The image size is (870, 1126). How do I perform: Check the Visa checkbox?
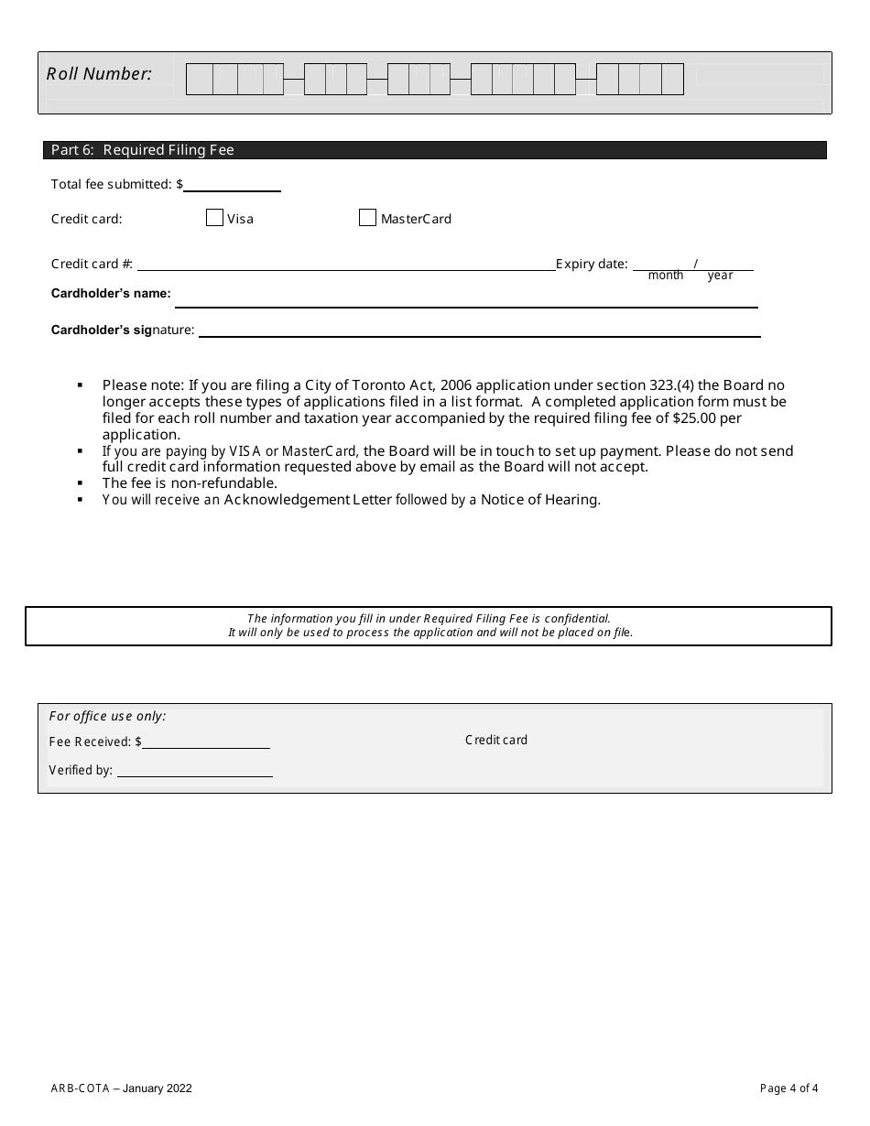(214, 218)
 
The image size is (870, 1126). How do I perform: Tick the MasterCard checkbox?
(367, 218)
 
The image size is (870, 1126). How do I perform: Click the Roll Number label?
(99, 74)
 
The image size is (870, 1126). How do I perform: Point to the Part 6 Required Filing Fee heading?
(143, 150)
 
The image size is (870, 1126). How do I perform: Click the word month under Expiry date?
(666, 276)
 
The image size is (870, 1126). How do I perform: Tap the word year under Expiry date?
(720, 276)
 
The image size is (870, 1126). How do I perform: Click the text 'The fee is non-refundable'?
(190, 483)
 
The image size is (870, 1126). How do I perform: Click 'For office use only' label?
(107, 716)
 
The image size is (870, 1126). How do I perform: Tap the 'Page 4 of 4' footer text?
(788, 1088)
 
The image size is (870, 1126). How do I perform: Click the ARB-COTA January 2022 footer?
(122, 1088)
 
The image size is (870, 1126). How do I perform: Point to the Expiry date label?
(592, 265)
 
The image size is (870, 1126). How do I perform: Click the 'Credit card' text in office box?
(496, 740)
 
